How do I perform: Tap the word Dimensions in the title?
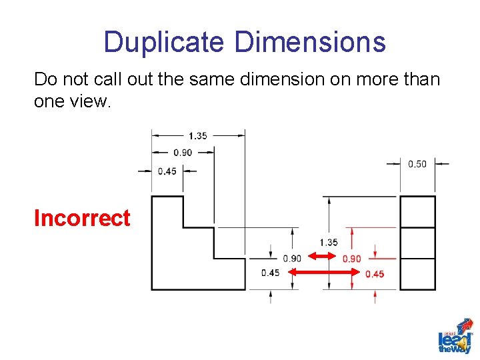tap(310, 42)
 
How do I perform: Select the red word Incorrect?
tap(82, 218)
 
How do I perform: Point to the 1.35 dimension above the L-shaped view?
tap(197, 135)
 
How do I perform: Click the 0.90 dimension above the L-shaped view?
tap(182, 152)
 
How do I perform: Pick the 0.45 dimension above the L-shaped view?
tap(167, 171)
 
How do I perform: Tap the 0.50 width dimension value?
tap(417, 164)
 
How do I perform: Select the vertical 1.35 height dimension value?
tap(329, 242)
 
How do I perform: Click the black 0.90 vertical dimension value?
tap(292, 259)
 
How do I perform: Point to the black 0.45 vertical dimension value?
tap(271, 273)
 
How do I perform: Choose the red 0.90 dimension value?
tap(351, 259)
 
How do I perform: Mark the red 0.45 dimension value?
tap(375, 274)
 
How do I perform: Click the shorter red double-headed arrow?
tap(324, 257)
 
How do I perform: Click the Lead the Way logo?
tap(455, 336)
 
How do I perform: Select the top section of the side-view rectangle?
tap(417, 212)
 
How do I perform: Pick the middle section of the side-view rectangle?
tap(417, 243)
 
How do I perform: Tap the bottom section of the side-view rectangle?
tap(417, 273)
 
